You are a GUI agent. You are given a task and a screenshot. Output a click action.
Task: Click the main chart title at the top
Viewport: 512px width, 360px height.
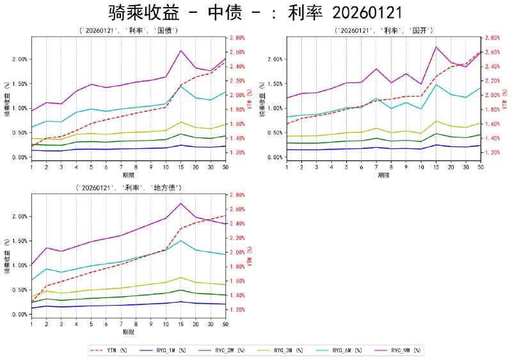256,13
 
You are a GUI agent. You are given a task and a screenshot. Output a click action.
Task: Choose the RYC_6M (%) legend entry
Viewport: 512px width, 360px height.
346,350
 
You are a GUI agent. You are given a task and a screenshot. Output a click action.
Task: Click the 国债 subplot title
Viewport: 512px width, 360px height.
128,30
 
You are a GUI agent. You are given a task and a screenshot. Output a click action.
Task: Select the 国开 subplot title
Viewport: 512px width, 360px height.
384,30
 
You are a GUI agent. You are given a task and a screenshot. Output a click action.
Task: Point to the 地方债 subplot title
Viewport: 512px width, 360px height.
128,187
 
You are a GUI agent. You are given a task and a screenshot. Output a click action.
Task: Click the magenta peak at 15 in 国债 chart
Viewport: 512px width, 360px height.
181,51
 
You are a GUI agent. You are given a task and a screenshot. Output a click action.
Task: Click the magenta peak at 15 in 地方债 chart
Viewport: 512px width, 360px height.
181,203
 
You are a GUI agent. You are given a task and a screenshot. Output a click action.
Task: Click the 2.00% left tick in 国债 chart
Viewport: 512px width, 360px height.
18,59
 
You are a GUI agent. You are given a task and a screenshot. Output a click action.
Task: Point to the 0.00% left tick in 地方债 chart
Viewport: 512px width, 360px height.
18,314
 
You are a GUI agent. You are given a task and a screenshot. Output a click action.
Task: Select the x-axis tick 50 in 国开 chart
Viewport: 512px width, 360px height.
480,167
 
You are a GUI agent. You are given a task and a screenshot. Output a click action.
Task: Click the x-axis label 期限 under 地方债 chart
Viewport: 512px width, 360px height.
128,333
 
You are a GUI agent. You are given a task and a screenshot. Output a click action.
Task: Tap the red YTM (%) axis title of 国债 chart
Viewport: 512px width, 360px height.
249,98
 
